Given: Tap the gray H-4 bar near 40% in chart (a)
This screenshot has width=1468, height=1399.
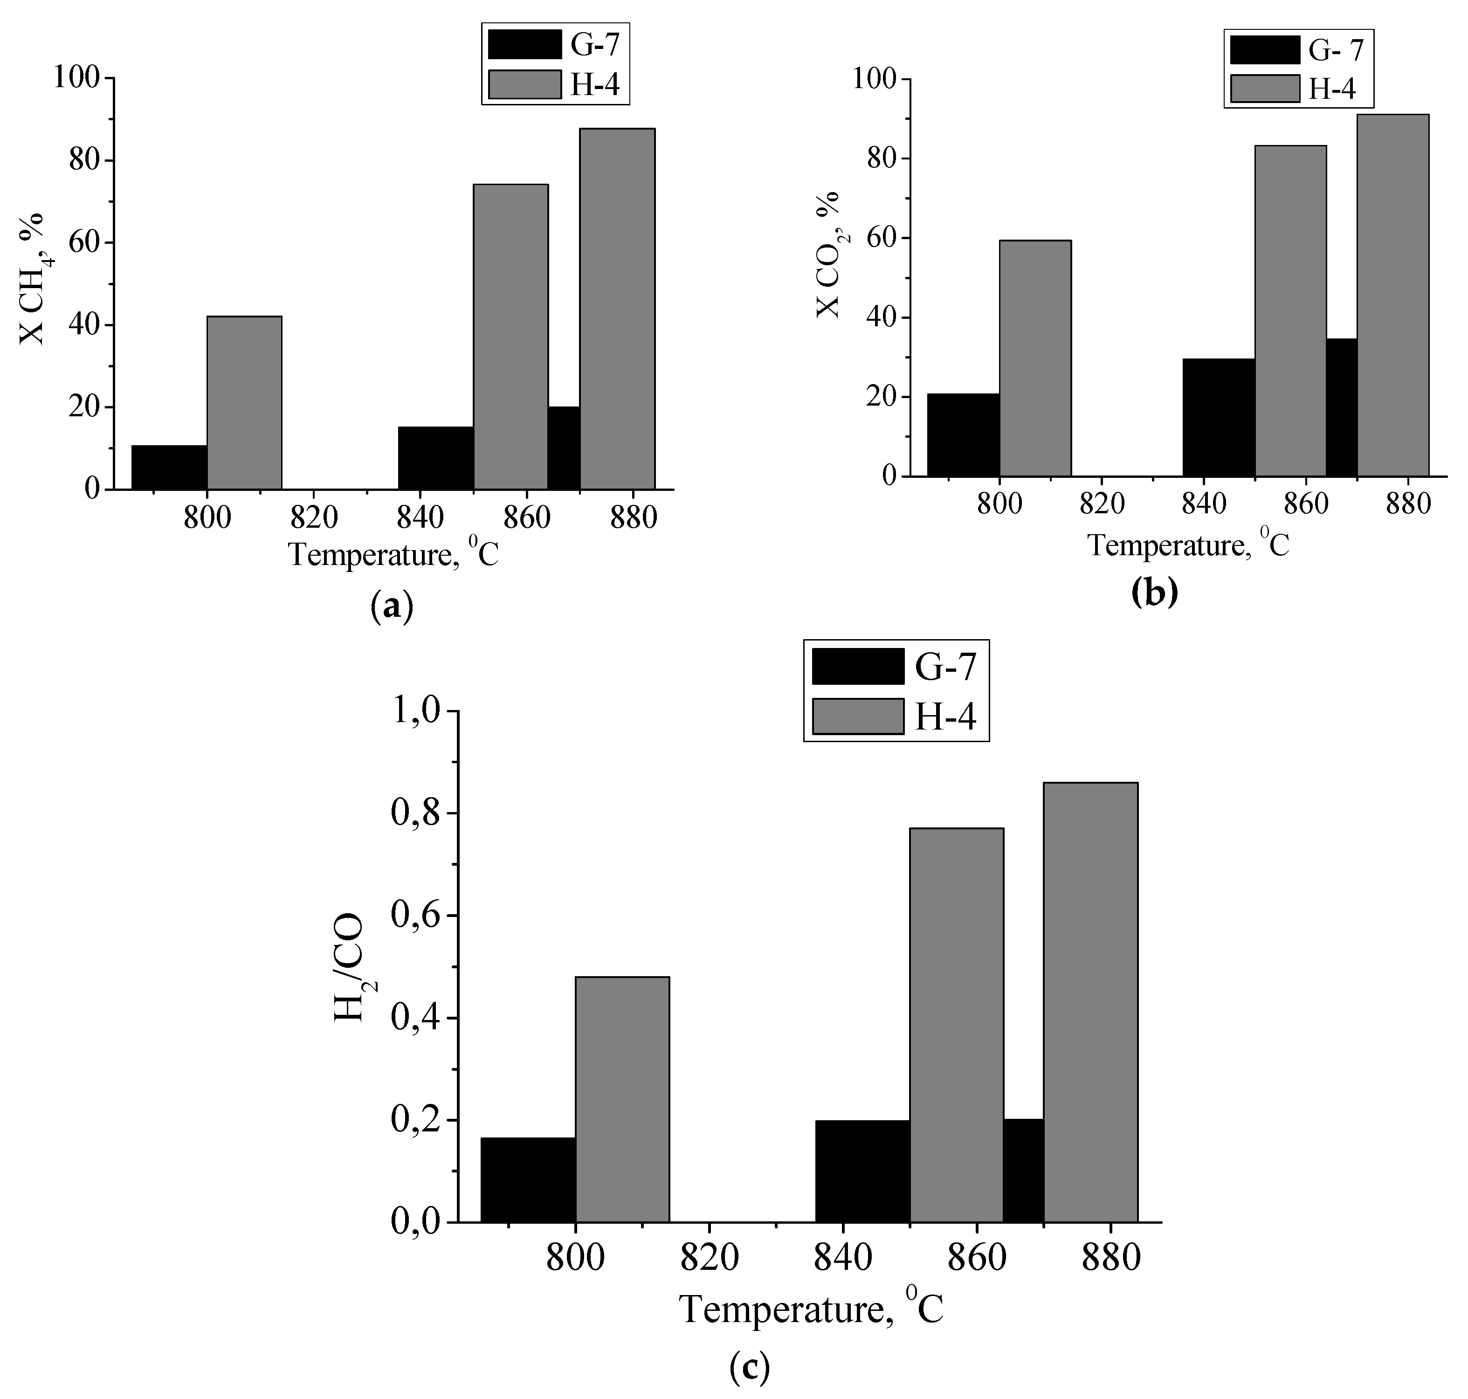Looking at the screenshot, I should [244, 403].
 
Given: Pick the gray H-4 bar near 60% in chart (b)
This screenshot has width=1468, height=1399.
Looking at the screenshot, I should [1035, 358].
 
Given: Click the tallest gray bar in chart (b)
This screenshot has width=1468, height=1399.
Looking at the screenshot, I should [1392, 295].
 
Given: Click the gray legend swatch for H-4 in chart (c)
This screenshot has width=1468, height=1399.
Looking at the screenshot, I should [857, 716].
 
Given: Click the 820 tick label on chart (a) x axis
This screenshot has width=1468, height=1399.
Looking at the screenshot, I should [314, 517].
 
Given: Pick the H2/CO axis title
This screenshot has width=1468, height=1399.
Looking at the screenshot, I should [351, 968].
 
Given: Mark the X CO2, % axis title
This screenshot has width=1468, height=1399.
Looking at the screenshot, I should [829, 255].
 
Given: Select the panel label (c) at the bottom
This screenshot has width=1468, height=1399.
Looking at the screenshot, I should [749, 1368].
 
